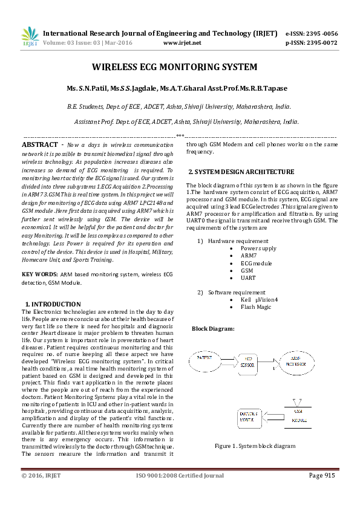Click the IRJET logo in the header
30,37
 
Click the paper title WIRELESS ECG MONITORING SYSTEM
174,67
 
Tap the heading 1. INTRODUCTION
53,304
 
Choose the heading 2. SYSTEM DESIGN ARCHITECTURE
240,172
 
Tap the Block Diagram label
214,329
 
